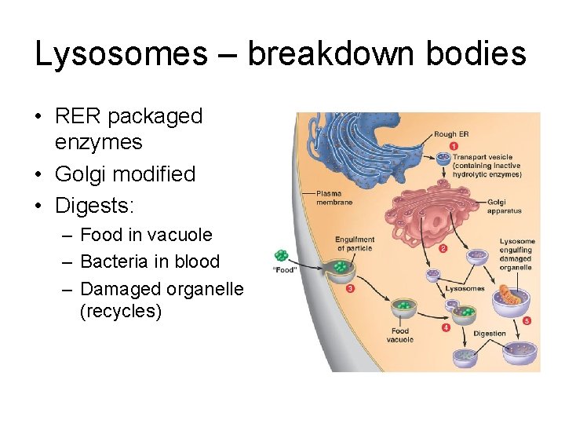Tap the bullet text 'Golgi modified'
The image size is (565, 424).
pyautogui.click(x=125, y=174)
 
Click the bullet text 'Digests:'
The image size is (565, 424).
pyautogui.click(x=94, y=206)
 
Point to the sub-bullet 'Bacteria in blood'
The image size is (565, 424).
pyautogui.click(x=150, y=261)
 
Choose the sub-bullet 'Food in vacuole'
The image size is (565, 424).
pyautogui.click(x=146, y=235)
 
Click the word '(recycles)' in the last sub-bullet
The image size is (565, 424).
pyautogui.click(x=121, y=312)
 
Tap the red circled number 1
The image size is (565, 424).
pyautogui.click(x=454, y=147)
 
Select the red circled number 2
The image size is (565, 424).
pyautogui.click(x=443, y=249)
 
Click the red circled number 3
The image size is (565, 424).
pyautogui.click(x=349, y=288)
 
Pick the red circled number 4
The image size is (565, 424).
pyautogui.click(x=446, y=327)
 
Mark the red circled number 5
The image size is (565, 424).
pyautogui.click(x=527, y=320)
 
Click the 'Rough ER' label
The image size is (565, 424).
pyautogui.click(x=451, y=134)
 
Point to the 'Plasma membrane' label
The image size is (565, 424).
pyautogui.click(x=334, y=197)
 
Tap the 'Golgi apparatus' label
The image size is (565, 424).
pyautogui.click(x=503, y=206)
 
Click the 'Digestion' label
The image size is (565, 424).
pyautogui.click(x=490, y=334)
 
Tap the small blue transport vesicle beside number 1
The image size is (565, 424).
pyautogui.click(x=443, y=158)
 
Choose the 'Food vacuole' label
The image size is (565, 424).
pyautogui.click(x=400, y=335)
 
